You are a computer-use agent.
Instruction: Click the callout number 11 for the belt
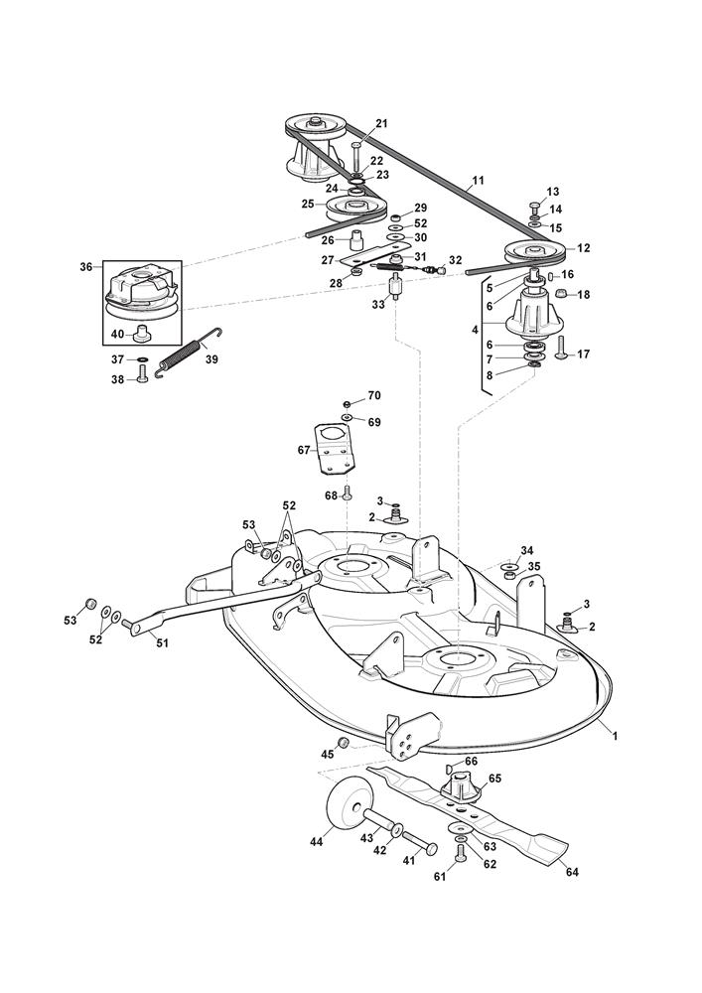click(479, 181)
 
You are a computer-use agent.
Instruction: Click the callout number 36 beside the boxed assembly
click(85, 266)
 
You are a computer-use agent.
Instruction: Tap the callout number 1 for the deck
click(615, 736)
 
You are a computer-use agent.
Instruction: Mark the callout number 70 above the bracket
click(374, 395)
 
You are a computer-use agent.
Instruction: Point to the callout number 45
click(328, 755)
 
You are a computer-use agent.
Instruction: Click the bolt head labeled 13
click(534, 207)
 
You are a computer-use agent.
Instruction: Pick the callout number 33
click(378, 306)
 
